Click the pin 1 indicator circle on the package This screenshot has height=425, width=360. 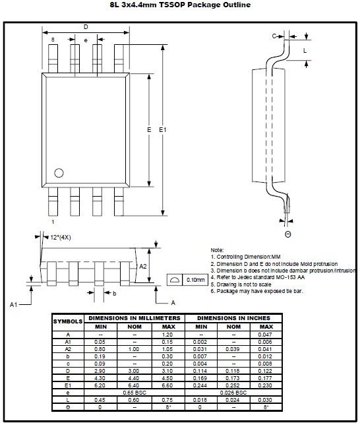(59, 173)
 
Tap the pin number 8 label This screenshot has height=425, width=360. (53, 40)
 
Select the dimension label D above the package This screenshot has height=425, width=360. (86, 27)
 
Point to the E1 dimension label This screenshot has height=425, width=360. (163, 130)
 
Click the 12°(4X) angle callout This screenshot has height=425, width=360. (61, 238)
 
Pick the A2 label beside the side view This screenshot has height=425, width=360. (143, 267)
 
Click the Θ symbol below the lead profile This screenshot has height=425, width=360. (288, 234)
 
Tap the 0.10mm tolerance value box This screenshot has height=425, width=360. (196, 280)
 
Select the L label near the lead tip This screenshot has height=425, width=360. (305, 51)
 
